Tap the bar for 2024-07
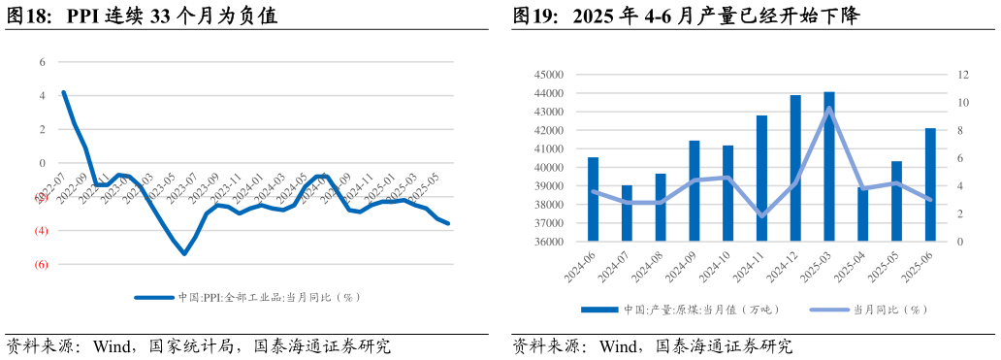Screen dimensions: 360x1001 click(x=627, y=213)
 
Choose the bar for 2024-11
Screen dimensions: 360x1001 click(x=761, y=179)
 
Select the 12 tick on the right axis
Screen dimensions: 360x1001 click(x=963, y=75)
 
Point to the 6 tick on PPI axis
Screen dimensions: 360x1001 click(x=43, y=62)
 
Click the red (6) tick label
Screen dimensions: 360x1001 click(x=42, y=264)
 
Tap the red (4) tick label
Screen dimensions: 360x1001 click(x=42, y=230)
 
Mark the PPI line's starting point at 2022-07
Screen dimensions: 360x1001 click(x=63, y=92)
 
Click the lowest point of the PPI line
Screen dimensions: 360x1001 click(x=184, y=253)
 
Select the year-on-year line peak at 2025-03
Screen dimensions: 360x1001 click(x=829, y=108)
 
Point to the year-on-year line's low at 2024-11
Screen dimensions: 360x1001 click(x=761, y=215)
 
